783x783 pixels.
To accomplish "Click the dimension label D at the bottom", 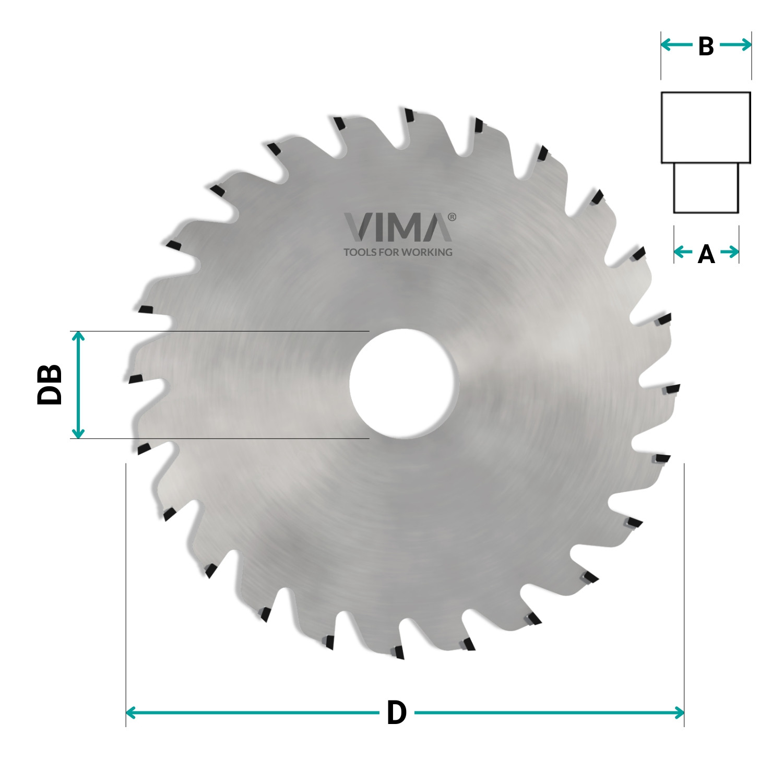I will tap(396, 713).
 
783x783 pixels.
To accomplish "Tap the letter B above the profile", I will tap(706, 46).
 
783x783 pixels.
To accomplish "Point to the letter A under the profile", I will tap(706, 254).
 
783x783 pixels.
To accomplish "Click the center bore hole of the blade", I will tap(402, 384).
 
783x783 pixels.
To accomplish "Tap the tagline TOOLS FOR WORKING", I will tap(398, 252).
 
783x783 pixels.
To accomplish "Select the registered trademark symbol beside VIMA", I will tap(452, 217).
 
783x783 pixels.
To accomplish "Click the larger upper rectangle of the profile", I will tap(706, 127).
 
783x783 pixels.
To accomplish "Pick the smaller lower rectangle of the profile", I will tap(706, 188).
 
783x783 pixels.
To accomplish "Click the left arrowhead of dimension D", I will tap(130, 713).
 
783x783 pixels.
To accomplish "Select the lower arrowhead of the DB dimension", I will tap(78, 433).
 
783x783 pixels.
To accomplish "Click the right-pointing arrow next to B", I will tap(736, 45).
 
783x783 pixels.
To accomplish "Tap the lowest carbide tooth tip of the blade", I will tap(399, 652).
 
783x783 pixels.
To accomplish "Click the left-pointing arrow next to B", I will tap(677, 45).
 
